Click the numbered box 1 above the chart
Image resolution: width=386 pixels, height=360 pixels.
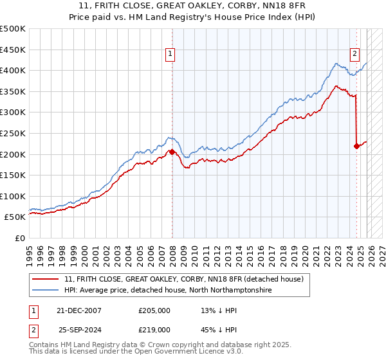tap(170, 55)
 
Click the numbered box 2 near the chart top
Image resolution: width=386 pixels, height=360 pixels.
tap(354, 55)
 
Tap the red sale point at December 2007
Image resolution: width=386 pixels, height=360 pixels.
tap(172, 152)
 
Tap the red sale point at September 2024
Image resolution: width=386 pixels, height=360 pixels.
tap(356, 146)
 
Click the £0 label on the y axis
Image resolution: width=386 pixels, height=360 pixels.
tap(19, 238)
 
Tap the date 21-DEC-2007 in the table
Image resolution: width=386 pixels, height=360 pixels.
tap(80, 310)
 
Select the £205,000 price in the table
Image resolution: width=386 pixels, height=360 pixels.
tap(154, 310)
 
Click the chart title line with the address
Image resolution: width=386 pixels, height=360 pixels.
tap(193, 6)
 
